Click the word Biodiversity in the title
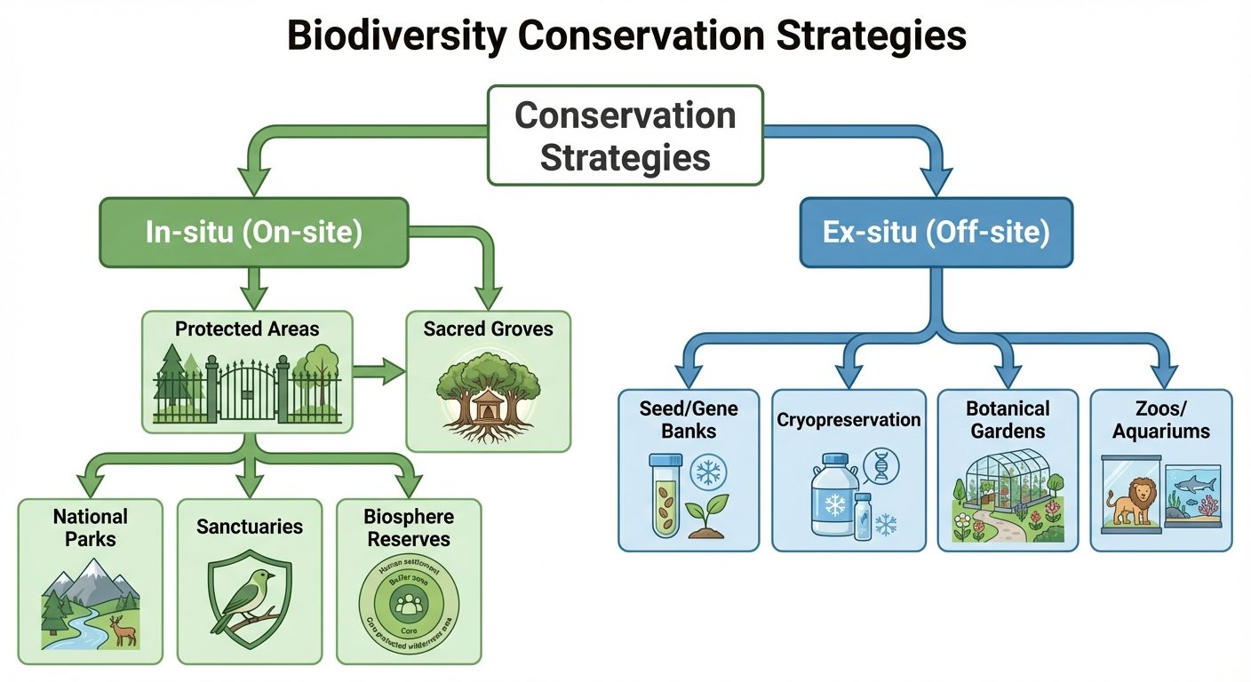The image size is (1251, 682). click(395, 37)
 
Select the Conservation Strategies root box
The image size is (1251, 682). click(625, 135)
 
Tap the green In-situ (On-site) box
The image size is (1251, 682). click(253, 232)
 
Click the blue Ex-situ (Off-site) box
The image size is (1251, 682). click(936, 232)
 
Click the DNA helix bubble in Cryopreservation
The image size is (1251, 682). click(879, 464)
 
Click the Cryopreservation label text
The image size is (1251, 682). click(849, 419)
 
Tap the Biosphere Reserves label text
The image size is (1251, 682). click(408, 527)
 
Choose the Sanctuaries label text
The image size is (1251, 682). click(250, 527)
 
